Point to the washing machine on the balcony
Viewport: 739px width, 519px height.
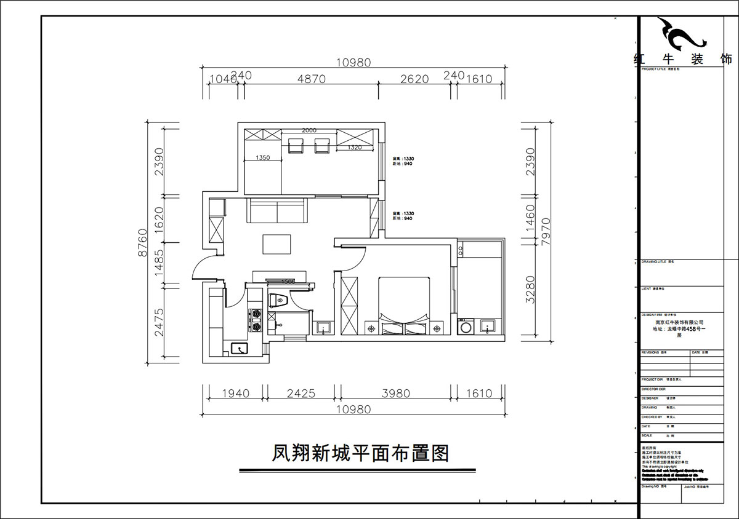pos(466,325)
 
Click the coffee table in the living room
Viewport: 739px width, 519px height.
pos(277,244)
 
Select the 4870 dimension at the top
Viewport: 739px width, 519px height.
pos(311,79)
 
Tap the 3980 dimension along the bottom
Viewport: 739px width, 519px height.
pos(396,394)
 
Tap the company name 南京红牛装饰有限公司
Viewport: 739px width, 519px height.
pos(677,322)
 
